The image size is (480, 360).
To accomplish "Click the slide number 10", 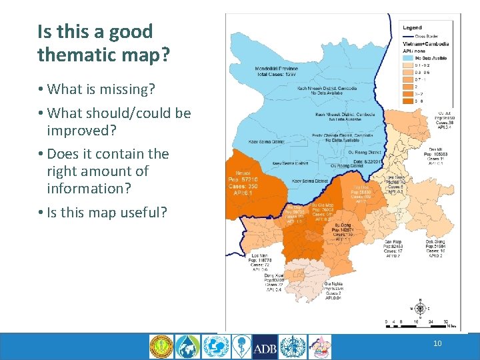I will click(x=437, y=344).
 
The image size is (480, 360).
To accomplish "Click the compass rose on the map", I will click(x=419, y=309).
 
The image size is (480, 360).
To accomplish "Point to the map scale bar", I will click(x=420, y=323).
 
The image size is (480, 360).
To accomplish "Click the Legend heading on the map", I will click(x=411, y=28).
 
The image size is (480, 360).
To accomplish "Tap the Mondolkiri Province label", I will click(x=277, y=69).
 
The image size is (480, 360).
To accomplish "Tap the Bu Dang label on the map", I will click(x=341, y=225).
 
